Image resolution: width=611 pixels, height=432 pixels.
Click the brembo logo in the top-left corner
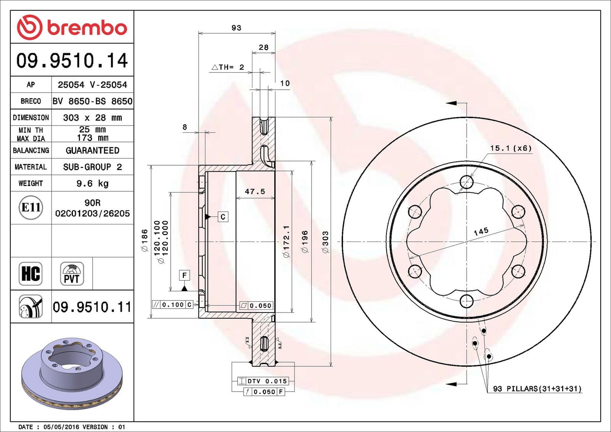72,27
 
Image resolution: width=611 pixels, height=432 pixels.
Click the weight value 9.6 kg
92,184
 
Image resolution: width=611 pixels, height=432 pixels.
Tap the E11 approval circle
31,208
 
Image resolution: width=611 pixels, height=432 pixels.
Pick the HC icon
31,274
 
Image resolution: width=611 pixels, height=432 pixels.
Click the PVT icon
72,274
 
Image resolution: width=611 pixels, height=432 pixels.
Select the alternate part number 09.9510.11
92,307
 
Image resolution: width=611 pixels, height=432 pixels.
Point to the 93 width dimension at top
236,28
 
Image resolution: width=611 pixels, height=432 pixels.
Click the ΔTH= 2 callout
228,67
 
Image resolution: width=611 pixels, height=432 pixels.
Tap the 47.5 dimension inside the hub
255,192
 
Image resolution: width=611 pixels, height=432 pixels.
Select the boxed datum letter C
223,217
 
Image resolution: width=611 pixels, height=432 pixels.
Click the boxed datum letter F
184,275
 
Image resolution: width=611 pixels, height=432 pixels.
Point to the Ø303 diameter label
325,242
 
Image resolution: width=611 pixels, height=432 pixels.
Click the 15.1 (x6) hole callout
511,148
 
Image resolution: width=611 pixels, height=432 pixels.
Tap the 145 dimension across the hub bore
481,231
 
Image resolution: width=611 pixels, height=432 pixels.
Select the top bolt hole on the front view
466,182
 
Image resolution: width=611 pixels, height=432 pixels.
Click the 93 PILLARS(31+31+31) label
537,388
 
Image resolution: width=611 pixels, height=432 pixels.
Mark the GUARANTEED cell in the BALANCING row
92,150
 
